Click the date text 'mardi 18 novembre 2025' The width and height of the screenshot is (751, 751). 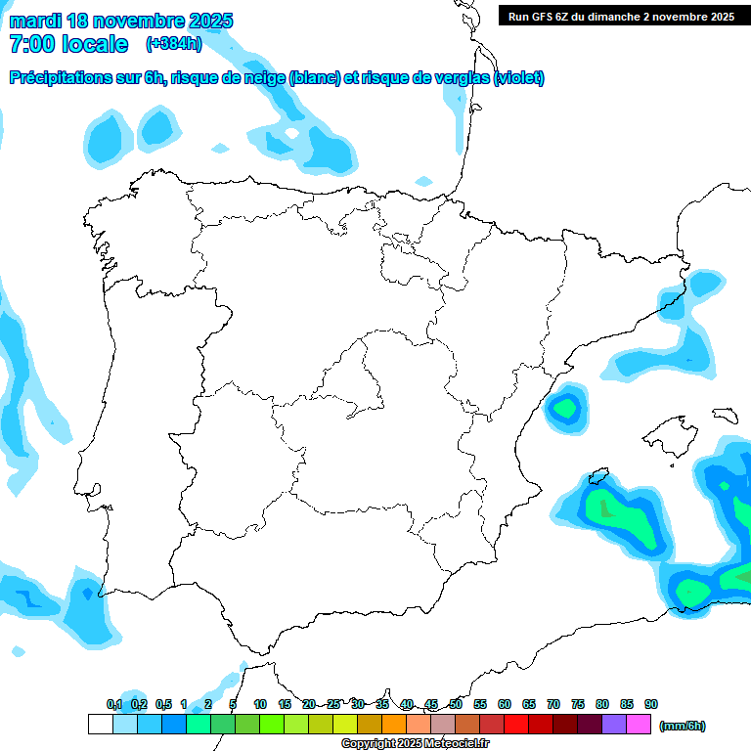point(121,21)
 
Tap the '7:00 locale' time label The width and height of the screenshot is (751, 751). point(67,44)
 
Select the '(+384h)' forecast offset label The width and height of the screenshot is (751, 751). point(173,44)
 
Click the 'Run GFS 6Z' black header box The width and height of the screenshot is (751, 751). point(621,16)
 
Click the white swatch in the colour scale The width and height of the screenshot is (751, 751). point(100,725)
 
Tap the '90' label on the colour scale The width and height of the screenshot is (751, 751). point(651,704)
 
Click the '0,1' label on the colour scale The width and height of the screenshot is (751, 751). point(114,704)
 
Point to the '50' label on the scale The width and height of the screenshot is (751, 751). point(456,704)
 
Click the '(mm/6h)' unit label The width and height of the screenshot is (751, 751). point(683,726)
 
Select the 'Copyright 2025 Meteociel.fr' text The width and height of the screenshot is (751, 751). point(415,743)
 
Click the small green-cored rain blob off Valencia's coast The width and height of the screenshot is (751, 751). point(565,408)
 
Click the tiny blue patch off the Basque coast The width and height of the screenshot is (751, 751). point(423,181)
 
